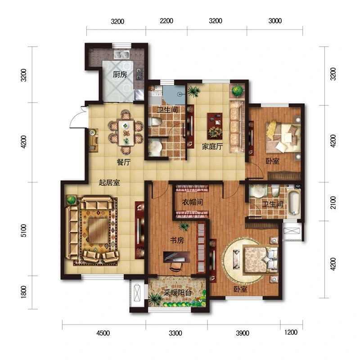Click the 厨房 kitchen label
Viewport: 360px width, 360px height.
[x=120, y=74]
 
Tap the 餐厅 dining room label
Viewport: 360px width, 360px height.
[x=124, y=162]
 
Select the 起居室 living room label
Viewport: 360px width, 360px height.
[x=109, y=183]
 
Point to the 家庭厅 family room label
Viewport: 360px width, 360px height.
[x=212, y=147]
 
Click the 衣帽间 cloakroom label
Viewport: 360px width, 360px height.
[x=193, y=202]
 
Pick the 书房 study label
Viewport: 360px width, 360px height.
[x=177, y=240]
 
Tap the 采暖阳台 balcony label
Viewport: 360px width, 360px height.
[x=177, y=293]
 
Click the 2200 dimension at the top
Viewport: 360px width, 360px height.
[x=166, y=21]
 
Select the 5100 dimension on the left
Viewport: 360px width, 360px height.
[x=24, y=230]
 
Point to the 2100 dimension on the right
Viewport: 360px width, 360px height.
[x=333, y=202]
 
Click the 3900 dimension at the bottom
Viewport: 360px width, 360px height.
[x=243, y=333]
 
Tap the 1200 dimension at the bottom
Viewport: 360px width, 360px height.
[x=291, y=332]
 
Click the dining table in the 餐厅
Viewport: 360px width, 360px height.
[x=126, y=133]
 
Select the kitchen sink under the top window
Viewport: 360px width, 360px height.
[x=121, y=55]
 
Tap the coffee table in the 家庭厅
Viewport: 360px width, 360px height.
[x=215, y=126]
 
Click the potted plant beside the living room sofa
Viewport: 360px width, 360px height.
[x=71, y=199]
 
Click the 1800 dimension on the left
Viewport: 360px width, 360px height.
[x=24, y=292]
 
